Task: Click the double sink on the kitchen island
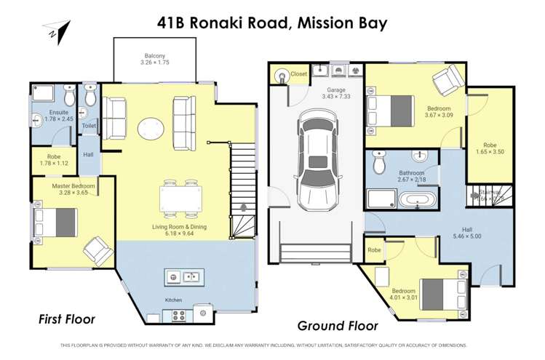pyautogui.click(x=183, y=276)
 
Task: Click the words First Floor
pyautogui.click(x=67, y=319)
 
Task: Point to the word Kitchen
pyautogui.click(x=173, y=300)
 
